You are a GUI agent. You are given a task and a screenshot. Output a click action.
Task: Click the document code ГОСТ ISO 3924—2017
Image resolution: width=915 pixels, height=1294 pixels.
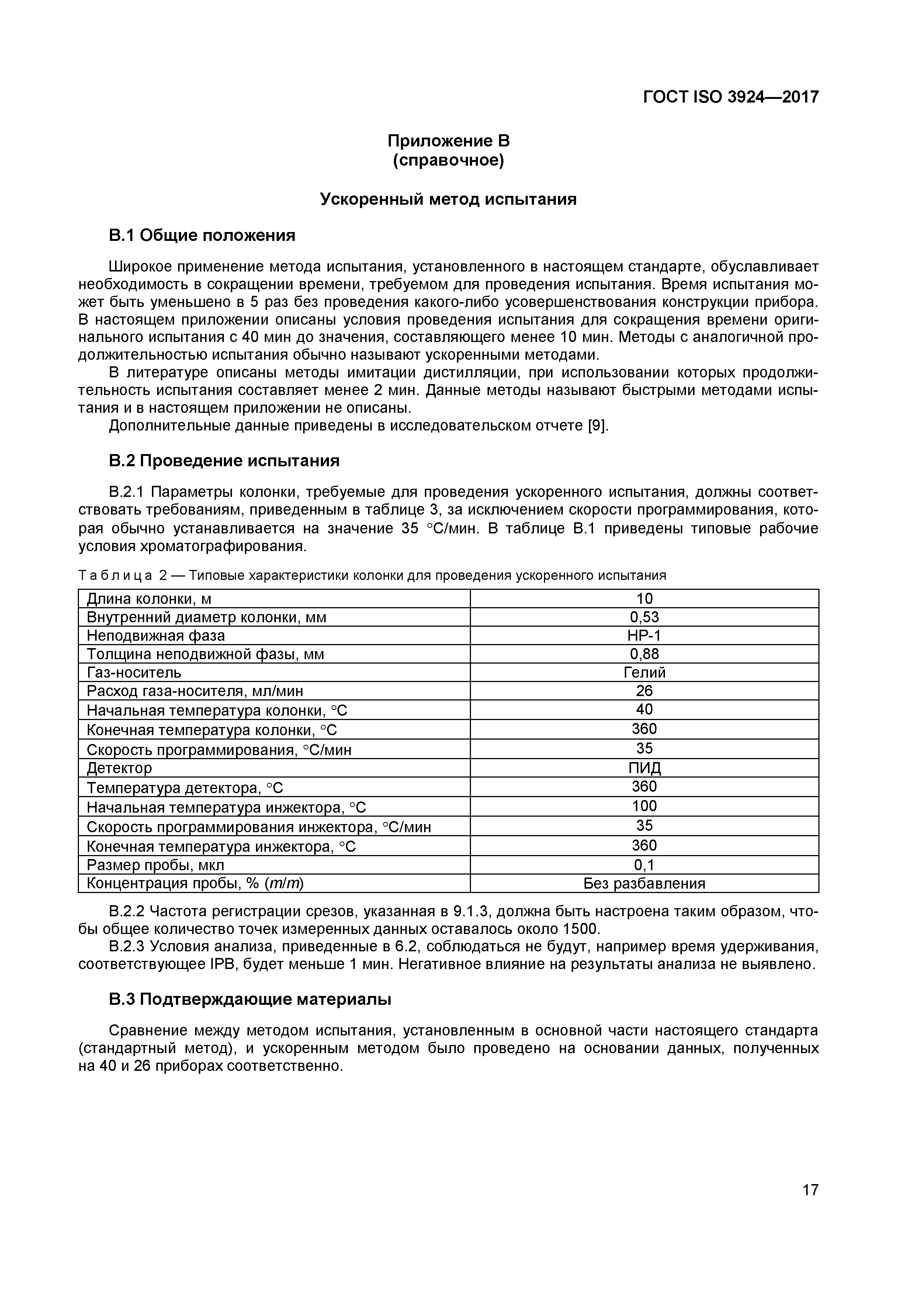[x=730, y=97]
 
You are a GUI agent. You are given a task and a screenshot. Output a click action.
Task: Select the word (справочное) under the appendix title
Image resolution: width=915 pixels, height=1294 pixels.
[x=448, y=160]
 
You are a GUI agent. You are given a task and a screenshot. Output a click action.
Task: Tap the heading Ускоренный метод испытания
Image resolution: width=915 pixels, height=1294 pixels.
[x=448, y=200]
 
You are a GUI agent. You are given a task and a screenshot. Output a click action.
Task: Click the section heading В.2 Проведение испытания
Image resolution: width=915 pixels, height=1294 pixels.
[x=224, y=461]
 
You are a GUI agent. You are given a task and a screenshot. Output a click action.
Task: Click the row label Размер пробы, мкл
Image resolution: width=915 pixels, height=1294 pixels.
[x=156, y=865]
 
